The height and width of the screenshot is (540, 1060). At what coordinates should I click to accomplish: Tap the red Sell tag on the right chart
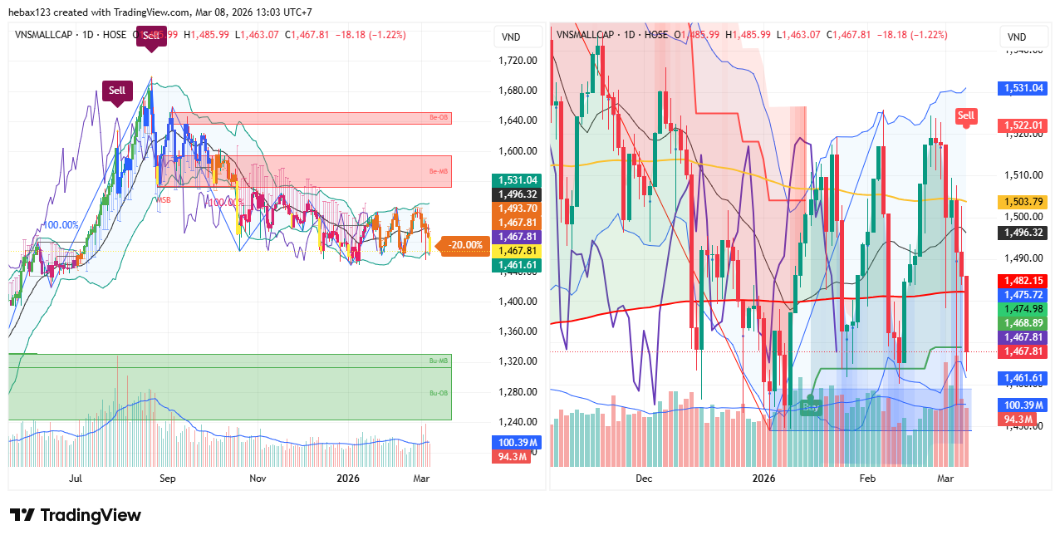click(965, 115)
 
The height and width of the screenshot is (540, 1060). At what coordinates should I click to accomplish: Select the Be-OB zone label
click(438, 118)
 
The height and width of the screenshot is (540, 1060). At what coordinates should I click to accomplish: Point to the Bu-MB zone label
click(438, 360)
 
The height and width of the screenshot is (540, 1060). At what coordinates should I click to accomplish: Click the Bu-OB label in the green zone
click(438, 393)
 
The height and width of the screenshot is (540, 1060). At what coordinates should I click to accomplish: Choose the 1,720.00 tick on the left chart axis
click(518, 61)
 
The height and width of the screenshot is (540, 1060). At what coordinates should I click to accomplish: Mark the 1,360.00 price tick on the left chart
click(518, 331)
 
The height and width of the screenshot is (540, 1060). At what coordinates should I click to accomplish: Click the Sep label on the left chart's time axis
click(168, 479)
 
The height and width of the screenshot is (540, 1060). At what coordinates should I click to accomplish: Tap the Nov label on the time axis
click(258, 479)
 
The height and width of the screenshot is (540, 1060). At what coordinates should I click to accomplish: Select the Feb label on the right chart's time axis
click(867, 479)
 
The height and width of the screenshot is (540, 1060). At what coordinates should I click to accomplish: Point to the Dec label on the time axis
click(644, 479)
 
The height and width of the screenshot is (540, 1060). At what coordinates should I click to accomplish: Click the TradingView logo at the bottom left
click(76, 515)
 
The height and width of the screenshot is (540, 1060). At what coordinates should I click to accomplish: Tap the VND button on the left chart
click(511, 37)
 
